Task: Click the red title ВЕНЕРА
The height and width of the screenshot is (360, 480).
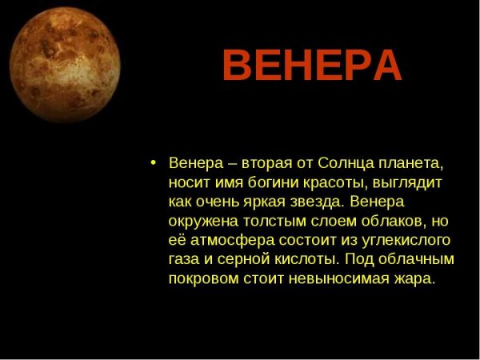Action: click(x=311, y=66)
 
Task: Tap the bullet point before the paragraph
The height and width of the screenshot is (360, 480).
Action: click(x=153, y=162)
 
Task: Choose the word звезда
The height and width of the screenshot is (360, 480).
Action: click(x=310, y=202)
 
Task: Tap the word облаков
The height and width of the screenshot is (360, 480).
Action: click(x=386, y=222)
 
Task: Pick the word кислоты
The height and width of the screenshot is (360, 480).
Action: click(x=309, y=260)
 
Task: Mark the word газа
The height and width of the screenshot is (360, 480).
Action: click(x=185, y=260)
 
